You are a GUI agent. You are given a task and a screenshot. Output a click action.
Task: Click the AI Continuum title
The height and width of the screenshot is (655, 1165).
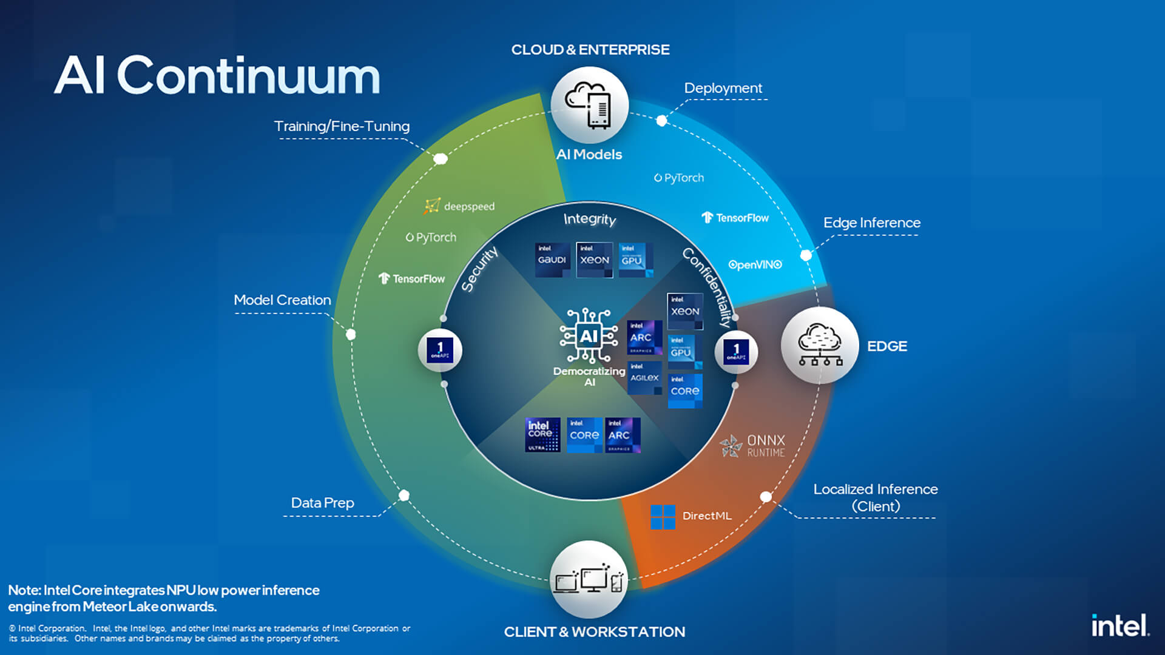point(217,76)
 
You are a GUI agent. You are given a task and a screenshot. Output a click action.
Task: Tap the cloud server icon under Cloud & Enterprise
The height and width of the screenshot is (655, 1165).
point(589,106)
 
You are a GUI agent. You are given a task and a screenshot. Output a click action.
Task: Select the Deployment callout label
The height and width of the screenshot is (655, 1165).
point(723,89)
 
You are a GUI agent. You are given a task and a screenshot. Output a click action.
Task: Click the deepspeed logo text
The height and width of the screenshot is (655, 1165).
point(459,206)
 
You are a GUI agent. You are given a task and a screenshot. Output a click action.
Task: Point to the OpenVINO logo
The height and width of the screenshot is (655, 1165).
point(755,265)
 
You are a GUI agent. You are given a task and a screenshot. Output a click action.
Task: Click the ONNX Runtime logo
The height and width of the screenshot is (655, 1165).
point(753,446)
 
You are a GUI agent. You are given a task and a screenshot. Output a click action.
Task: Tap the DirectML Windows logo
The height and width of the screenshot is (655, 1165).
point(663,517)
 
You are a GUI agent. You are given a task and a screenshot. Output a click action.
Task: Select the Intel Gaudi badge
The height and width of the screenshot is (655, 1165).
point(552,260)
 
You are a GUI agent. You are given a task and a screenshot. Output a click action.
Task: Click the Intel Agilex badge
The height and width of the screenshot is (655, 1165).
point(644,378)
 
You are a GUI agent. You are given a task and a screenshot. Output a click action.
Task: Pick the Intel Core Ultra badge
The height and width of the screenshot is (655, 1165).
point(542,435)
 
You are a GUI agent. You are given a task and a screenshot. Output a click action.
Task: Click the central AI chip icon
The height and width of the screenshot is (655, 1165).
point(589,336)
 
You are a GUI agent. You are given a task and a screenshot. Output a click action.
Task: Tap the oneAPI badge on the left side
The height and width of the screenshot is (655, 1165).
point(440,351)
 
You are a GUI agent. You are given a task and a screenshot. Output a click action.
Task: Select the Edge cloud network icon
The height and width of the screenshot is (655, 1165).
point(820,346)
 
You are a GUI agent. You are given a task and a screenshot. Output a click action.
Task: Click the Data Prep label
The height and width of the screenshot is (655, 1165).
point(322,503)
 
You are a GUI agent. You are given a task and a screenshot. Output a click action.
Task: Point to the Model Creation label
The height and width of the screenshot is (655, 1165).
point(282,300)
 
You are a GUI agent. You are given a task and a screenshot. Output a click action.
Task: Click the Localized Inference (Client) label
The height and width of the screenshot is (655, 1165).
point(875,497)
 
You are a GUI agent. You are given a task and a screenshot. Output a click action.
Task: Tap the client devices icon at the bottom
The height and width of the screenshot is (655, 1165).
point(589,580)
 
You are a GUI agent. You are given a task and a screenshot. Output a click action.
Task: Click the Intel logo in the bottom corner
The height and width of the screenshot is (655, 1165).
point(1120,625)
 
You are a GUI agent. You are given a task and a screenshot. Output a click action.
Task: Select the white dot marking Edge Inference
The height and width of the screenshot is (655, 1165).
point(806,255)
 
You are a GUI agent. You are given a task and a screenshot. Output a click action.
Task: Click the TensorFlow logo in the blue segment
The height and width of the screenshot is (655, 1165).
point(735,218)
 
